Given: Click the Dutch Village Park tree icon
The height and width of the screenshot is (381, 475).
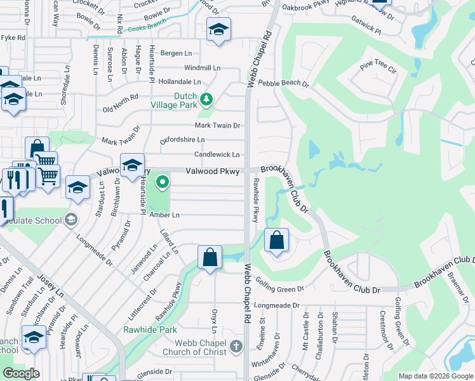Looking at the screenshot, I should pyautogui.click(x=206, y=99).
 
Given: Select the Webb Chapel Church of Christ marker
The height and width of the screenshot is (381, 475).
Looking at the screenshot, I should pyautogui.click(x=236, y=347).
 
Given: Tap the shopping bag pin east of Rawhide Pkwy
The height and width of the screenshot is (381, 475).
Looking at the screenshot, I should pyautogui.click(x=276, y=241).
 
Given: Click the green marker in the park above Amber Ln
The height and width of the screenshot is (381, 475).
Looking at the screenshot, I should pyautogui.click(x=163, y=184).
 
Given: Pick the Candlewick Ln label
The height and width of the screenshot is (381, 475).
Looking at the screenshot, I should pyautogui.click(x=217, y=154).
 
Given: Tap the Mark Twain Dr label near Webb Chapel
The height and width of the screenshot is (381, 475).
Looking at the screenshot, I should pyautogui.click(x=217, y=126).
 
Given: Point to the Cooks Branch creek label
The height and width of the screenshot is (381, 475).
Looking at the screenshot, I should pyautogui.click(x=147, y=23).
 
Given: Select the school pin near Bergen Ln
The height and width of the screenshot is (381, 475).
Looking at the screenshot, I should pyautogui.click(x=218, y=30).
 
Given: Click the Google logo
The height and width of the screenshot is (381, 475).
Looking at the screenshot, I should pyautogui.click(x=21, y=373).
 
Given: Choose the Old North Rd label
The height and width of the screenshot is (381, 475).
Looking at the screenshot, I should pyautogui.click(x=121, y=103).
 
